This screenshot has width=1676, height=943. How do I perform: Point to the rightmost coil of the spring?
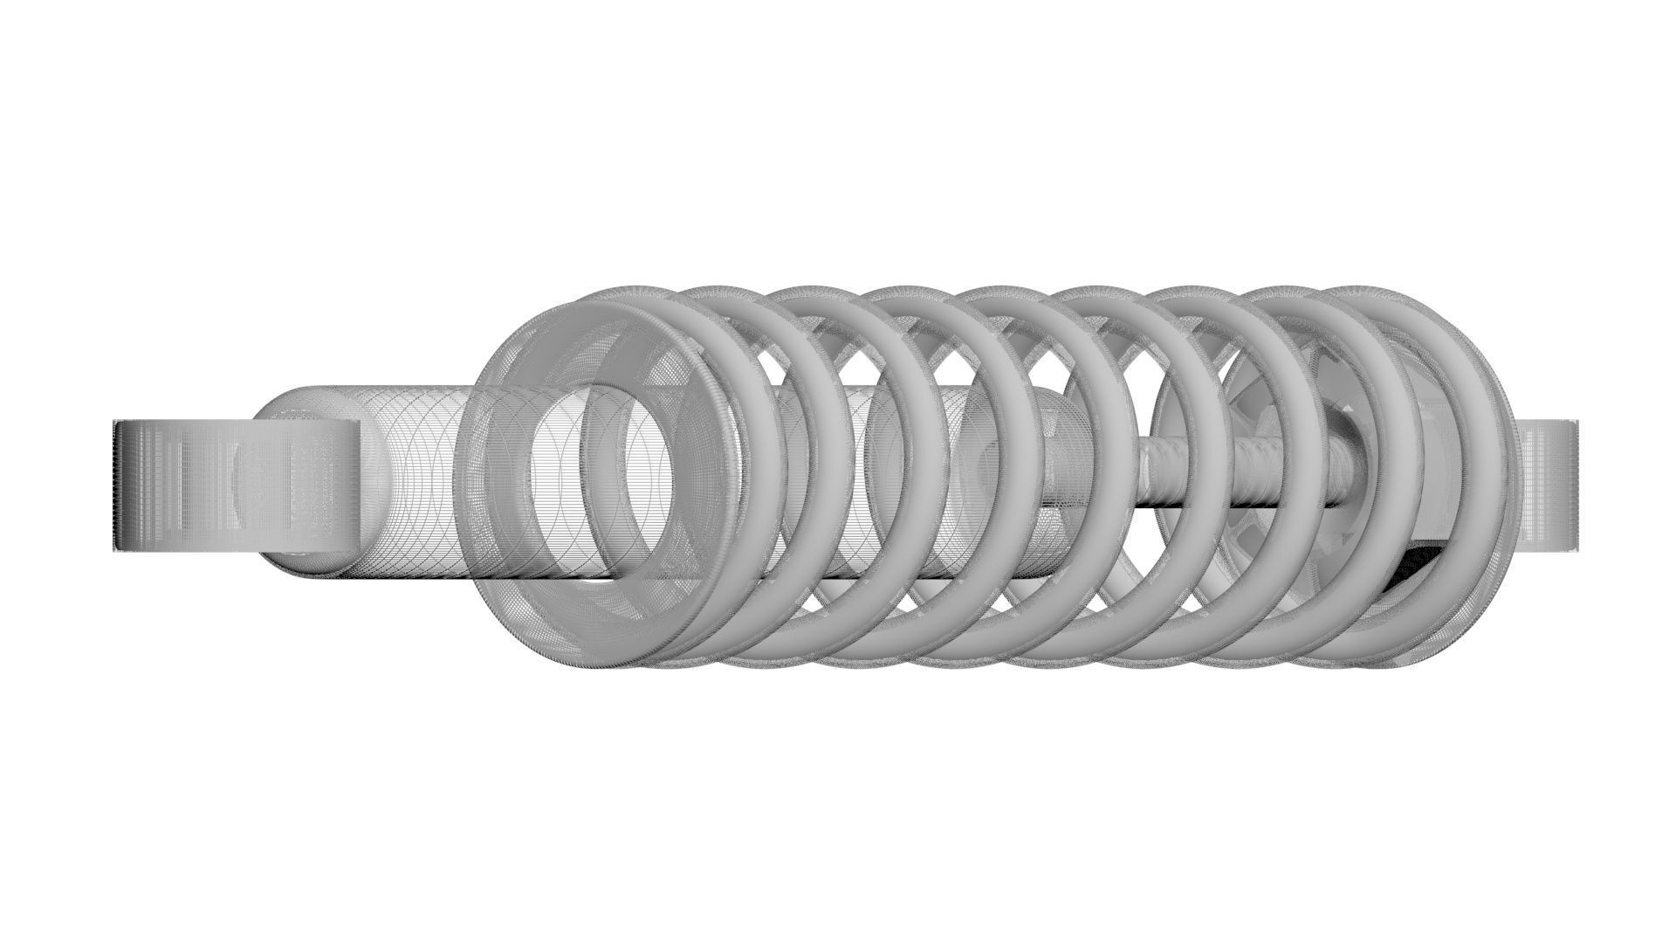(1432, 480)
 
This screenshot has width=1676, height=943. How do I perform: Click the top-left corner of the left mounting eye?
(117, 423)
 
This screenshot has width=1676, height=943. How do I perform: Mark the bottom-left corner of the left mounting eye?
(117, 552)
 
